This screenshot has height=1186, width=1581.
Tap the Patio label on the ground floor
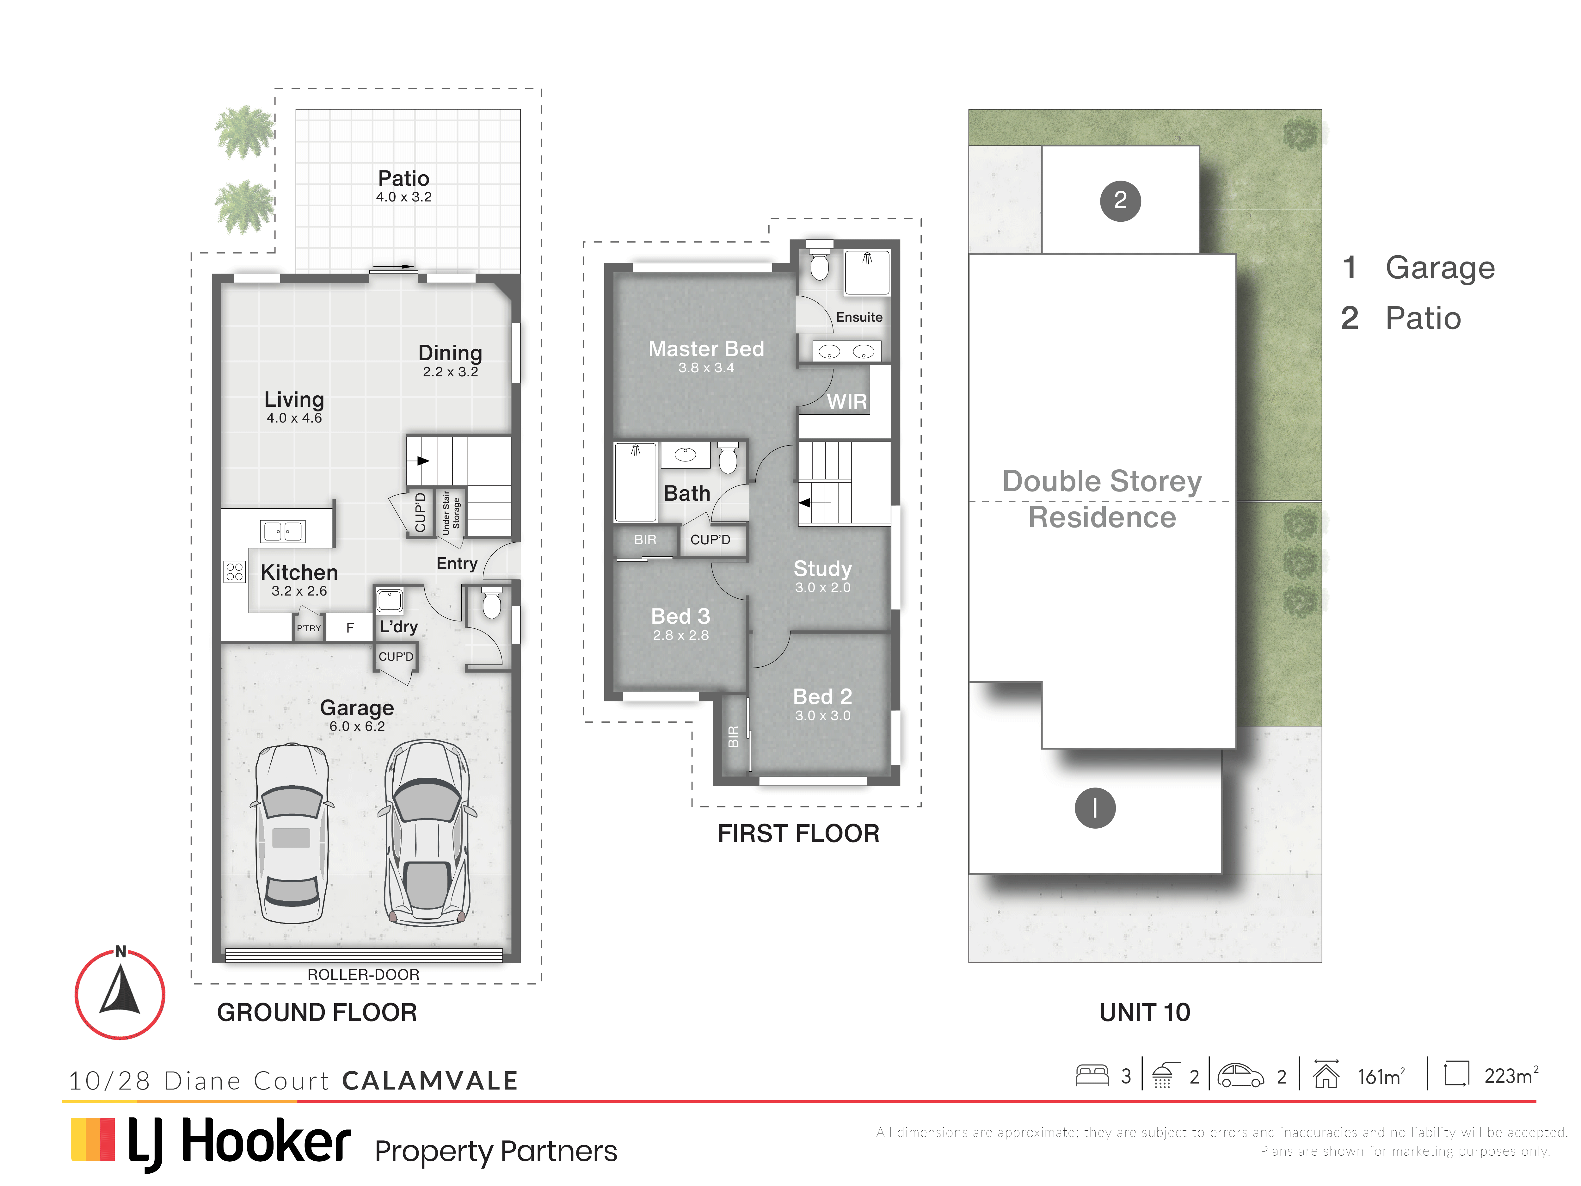404,178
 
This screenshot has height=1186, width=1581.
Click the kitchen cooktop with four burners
234,571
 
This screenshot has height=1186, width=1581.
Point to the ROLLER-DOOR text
363,974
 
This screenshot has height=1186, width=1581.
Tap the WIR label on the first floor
847,402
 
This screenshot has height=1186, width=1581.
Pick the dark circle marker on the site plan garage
1095,808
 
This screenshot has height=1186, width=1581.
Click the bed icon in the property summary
1092,1075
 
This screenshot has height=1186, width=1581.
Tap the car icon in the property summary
1241,1075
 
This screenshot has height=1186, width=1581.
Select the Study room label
823,568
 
